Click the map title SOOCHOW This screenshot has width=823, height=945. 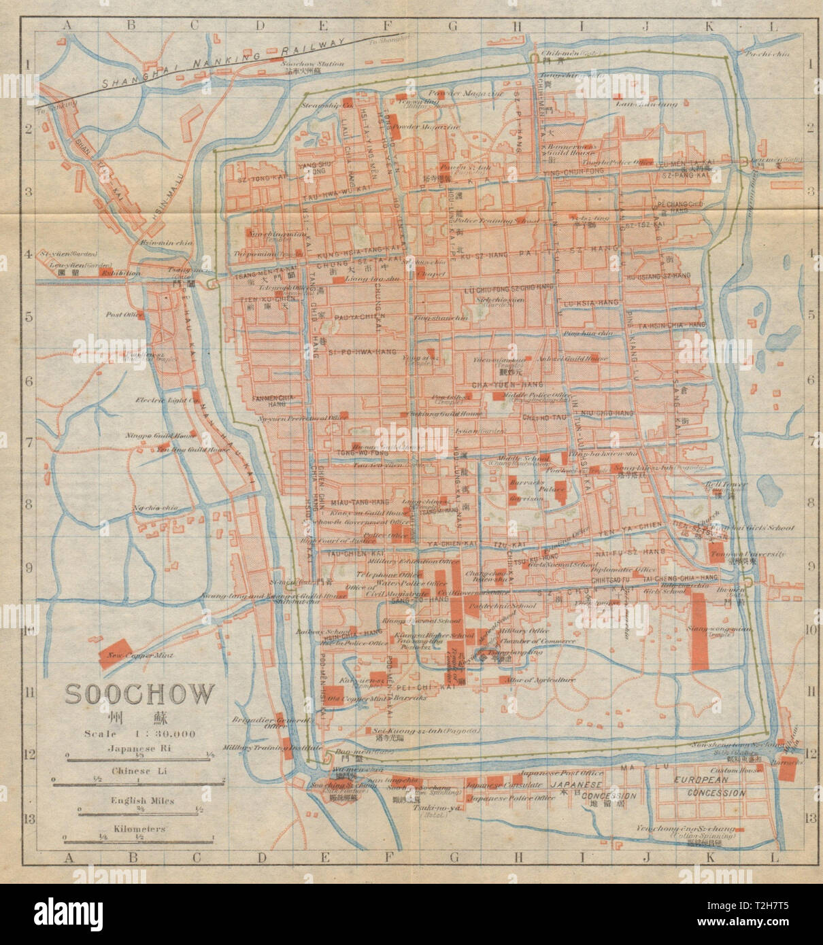[139, 695]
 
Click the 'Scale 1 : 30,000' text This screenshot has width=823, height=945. [139, 734]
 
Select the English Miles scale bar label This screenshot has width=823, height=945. [139, 801]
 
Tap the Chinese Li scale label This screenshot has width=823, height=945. [139, 772]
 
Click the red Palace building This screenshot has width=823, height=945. [558, 487]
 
